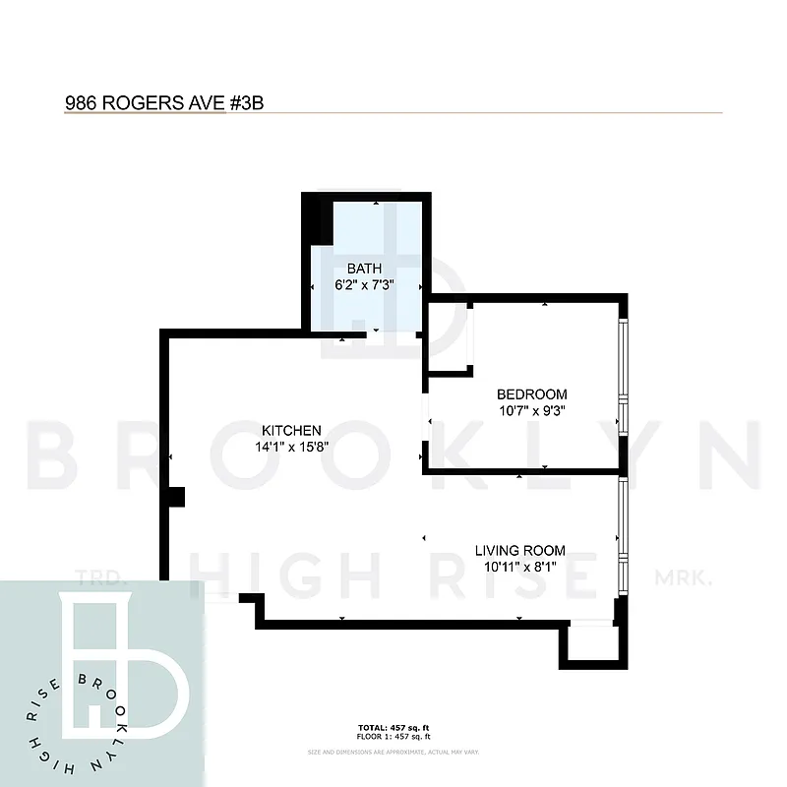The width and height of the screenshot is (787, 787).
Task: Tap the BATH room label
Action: pos(364,269)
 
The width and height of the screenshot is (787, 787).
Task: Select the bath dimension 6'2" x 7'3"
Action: pos(365,286)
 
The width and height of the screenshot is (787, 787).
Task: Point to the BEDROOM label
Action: pos(532,394)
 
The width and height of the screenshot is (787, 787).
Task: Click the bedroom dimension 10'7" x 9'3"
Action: pos(532,411)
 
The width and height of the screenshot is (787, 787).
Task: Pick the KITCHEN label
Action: pos(291,430)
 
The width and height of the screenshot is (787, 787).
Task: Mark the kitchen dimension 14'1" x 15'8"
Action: pos(291,446)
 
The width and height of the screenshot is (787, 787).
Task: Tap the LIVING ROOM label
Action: pos(520,550)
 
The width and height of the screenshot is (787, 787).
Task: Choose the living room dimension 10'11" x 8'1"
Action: pos(520,567)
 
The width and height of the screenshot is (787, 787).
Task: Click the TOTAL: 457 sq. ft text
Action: pos(393,729)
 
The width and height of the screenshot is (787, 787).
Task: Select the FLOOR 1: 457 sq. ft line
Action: pos(393,737)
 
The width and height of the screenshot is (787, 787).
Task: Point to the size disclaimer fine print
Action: pos(393,752)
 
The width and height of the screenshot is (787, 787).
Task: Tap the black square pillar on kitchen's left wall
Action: pos(175,498)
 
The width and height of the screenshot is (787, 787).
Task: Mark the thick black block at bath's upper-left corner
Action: pos(313,217)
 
